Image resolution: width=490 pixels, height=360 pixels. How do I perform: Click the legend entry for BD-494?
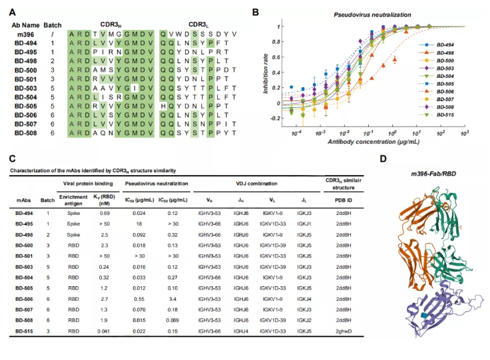447,44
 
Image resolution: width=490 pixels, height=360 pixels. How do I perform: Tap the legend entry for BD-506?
447,91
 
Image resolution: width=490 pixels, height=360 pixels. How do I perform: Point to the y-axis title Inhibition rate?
266,72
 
